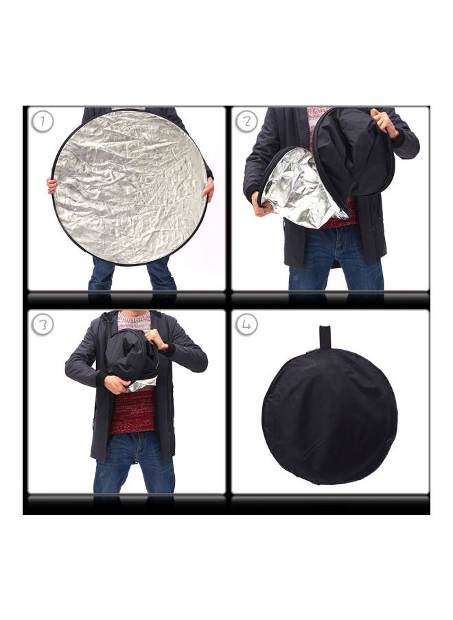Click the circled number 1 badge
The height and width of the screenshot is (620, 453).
pyautogui.click(x=43, y=122)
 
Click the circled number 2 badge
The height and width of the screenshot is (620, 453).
pyautogui.click(x=247, y=122)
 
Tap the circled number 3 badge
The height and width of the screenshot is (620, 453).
pyautogui.click(x=43, y=324)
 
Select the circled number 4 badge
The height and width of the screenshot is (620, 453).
pyautogui.click(x=247, y=324)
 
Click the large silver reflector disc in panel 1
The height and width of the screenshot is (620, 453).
pyautogui.click(x=129, y=187)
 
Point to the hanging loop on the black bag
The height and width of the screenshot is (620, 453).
pyautogui.click(x=325, y=337)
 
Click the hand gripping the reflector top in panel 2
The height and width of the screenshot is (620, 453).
pyautogui.click(x=382, y=122)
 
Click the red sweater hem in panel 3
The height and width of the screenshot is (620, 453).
pyautogui.click(x=134, y=415)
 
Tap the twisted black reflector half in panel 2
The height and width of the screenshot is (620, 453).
pyautogui.click(x=353, y=154)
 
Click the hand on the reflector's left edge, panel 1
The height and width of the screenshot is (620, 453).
pyautogui.click(x=52, y=185)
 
